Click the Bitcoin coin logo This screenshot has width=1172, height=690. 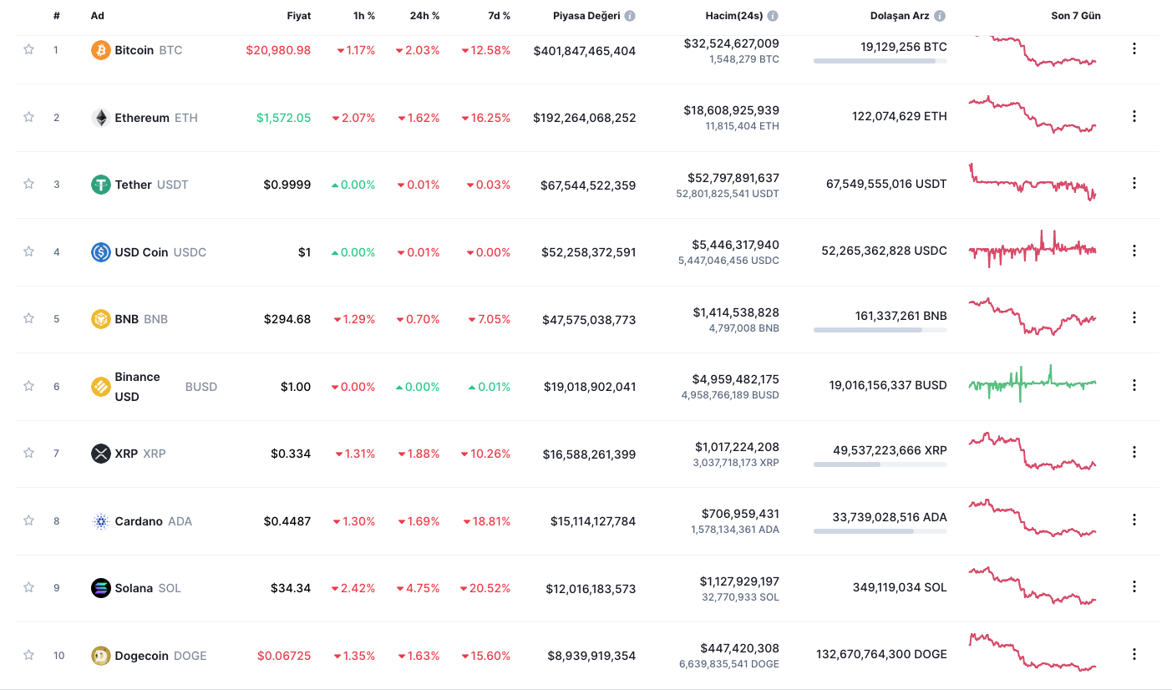(100, 50)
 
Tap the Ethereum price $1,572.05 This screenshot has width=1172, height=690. (283, 118)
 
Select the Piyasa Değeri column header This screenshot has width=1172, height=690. (587, 16)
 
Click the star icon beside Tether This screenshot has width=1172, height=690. (28, 184)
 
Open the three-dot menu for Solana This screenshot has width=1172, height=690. (1134, 586)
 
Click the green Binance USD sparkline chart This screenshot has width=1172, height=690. (1032, 383)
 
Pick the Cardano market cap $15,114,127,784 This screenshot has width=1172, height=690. (592, 521)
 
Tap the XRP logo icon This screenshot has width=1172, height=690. (100, 454)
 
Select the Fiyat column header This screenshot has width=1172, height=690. (298, 16)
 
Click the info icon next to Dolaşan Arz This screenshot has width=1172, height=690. (940, 16)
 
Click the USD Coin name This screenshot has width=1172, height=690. (141, 252)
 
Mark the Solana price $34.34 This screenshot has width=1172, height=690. (290, 588)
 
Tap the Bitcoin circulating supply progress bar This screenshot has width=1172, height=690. (880, 61)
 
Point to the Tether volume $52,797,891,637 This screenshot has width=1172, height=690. (733, 178)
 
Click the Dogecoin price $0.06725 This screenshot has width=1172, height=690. (284, 656)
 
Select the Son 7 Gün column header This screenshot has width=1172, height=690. (1075, 16)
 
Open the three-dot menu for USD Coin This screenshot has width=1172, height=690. (1134, 250)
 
